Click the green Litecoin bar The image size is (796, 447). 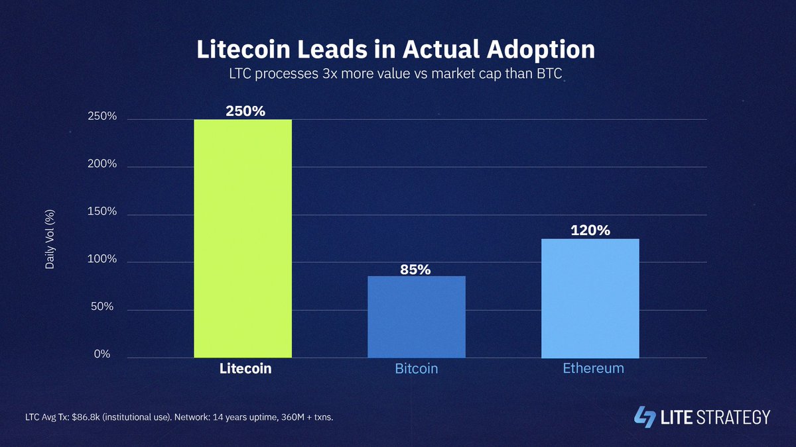point(242,238)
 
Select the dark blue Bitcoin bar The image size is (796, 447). point(417,317)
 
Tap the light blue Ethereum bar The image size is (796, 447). point(590,298)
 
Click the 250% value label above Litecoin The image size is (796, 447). point(245,111)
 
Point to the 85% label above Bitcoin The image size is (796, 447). point(415,270)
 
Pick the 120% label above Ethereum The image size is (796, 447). point(590,230)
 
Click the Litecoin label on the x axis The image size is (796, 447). point(245,368)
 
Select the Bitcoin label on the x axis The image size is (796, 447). point(416,368)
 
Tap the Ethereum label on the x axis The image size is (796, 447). point(593,368)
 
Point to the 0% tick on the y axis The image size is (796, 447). point(101,354)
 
